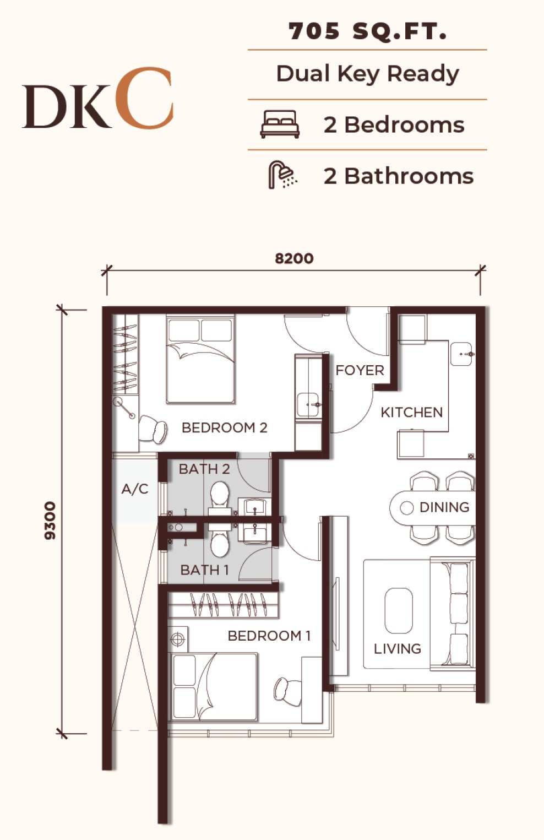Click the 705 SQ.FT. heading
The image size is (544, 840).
(x=367, y=31)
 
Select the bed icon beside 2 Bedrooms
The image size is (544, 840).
(x=280, y=124)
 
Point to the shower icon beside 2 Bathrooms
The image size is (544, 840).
(x=282, y=175)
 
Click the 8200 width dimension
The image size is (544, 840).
(x=295, y=258)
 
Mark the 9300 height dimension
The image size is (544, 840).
(x=50, y=521)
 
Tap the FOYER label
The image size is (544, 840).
(x=360, y=371)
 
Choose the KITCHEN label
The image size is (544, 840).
(x=412, y=413)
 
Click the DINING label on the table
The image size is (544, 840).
(x=444, y=507)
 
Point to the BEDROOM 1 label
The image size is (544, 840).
(x=269, y=636)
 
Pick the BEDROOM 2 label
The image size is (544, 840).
(x=224, y=427)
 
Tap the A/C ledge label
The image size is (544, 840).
(x=135, y=489)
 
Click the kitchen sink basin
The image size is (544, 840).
(x=461, y=354)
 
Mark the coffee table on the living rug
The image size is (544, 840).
(x=399, y=611)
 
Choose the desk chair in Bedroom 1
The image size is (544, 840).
(x=287, y=689)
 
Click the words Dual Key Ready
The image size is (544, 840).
(x=367, y=74)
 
